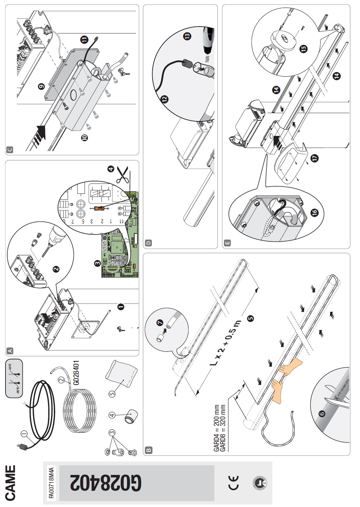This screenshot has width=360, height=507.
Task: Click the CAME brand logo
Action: pos(11,483)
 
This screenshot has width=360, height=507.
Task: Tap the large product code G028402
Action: pos(106,483)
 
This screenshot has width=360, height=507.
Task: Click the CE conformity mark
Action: pos(234,483)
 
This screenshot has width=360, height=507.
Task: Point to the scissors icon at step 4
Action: pos(122,175)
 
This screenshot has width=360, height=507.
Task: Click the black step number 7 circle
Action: pos(159,322)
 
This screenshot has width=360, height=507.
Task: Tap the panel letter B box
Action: pos(149,450)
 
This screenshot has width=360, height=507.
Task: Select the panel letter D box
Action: pos(149,243)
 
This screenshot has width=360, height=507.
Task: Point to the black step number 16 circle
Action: pos(314,213)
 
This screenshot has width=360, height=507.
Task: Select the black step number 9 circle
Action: pos(41,87)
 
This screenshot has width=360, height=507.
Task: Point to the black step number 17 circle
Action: pos(314,158)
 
